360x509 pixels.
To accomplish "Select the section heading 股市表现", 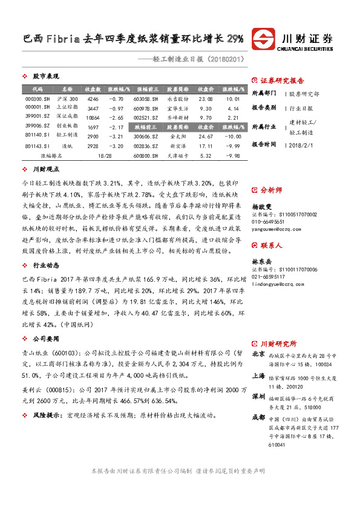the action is (45, 77).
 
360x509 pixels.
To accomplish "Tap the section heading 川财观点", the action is (45, 170).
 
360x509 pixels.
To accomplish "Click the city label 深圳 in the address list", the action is (258, 395).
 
